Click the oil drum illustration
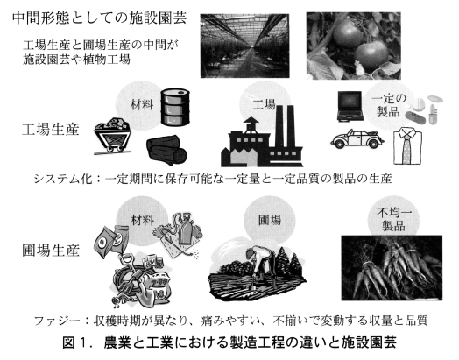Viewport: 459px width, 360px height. tap(175, 107)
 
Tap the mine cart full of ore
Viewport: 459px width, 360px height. tap(112, 136)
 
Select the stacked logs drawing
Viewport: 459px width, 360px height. tap(166, 150)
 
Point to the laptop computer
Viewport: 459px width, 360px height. tap(350, 106)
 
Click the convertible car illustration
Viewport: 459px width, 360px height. tap(357, 138)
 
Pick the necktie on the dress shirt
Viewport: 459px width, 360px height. tap(406, 147)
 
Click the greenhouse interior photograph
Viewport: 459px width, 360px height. tap(244, 46)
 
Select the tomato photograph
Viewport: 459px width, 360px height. tap(354, 46)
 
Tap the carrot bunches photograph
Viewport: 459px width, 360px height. tap(392, 268)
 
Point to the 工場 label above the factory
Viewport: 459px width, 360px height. tap(264, 104)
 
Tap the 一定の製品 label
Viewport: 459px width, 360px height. tap(388, 105)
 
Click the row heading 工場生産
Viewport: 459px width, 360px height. tap(51, 130)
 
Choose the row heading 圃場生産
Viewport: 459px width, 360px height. tap(51, 251)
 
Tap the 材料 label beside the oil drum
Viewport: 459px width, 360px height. tap(142, 104)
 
